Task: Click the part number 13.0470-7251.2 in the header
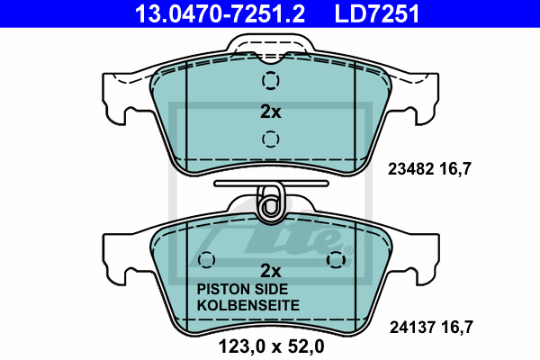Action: click(220, 13)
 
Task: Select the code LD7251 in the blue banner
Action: click(377, 13)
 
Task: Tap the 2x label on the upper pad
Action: click(271, 112)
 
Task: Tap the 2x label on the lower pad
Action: click(271, 271)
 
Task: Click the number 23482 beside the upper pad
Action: click(410, 169)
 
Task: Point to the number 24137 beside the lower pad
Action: click(412, 327)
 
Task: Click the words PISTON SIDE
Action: click(242, 289)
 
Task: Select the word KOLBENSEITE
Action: click(248, 305)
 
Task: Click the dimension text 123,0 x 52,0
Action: click(272, 346)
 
